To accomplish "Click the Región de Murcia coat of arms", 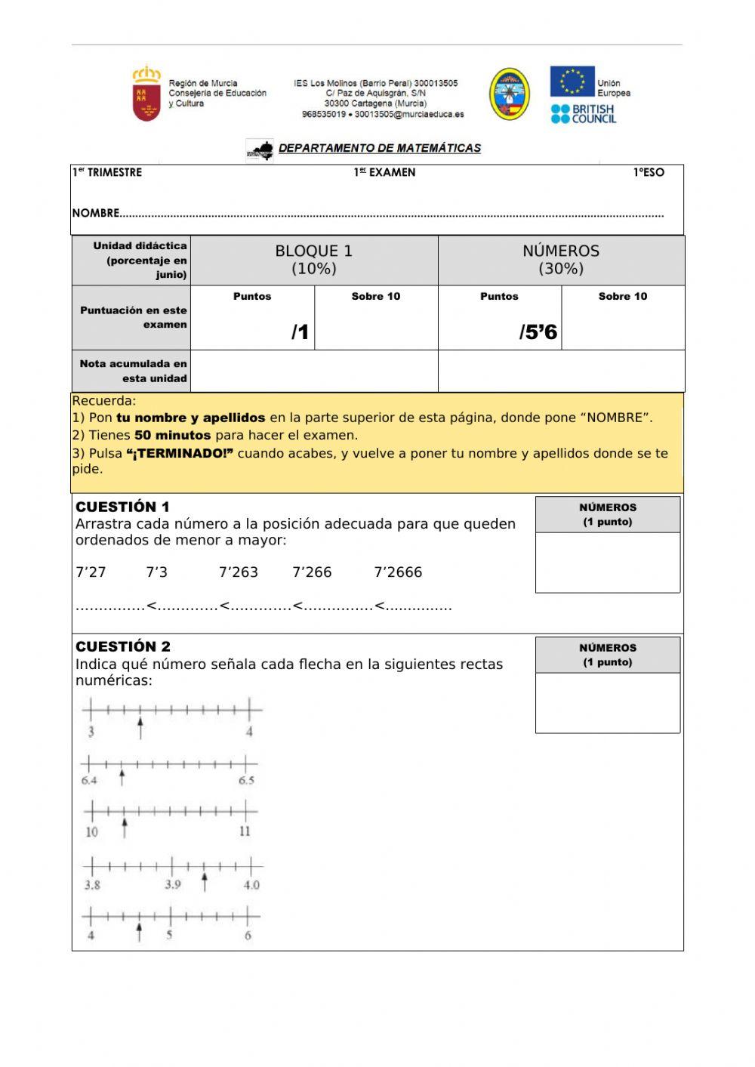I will coord(146,94).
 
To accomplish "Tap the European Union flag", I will coord(572,82).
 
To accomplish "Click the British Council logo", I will coord(583,114).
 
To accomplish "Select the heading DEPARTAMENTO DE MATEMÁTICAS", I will coord(379,148).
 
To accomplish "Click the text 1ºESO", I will coord(649,173).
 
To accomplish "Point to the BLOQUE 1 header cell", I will coord(313,260).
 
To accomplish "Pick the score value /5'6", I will coord(538,332).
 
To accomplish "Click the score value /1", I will coord(300,332).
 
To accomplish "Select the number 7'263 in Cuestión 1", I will coord(238,572).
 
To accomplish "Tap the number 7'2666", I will coord(398,572).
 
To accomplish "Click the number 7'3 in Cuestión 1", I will coord(156,572).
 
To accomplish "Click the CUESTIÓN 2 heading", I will coord(123,646).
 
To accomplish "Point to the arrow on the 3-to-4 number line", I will coord(140,729).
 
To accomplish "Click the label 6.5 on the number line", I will coord(246,781).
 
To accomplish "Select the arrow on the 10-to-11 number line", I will coord(125,828).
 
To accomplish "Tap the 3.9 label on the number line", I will coord(173,884).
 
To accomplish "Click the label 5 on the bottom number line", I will coord(169,935).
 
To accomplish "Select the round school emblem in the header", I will coord(509,94).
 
